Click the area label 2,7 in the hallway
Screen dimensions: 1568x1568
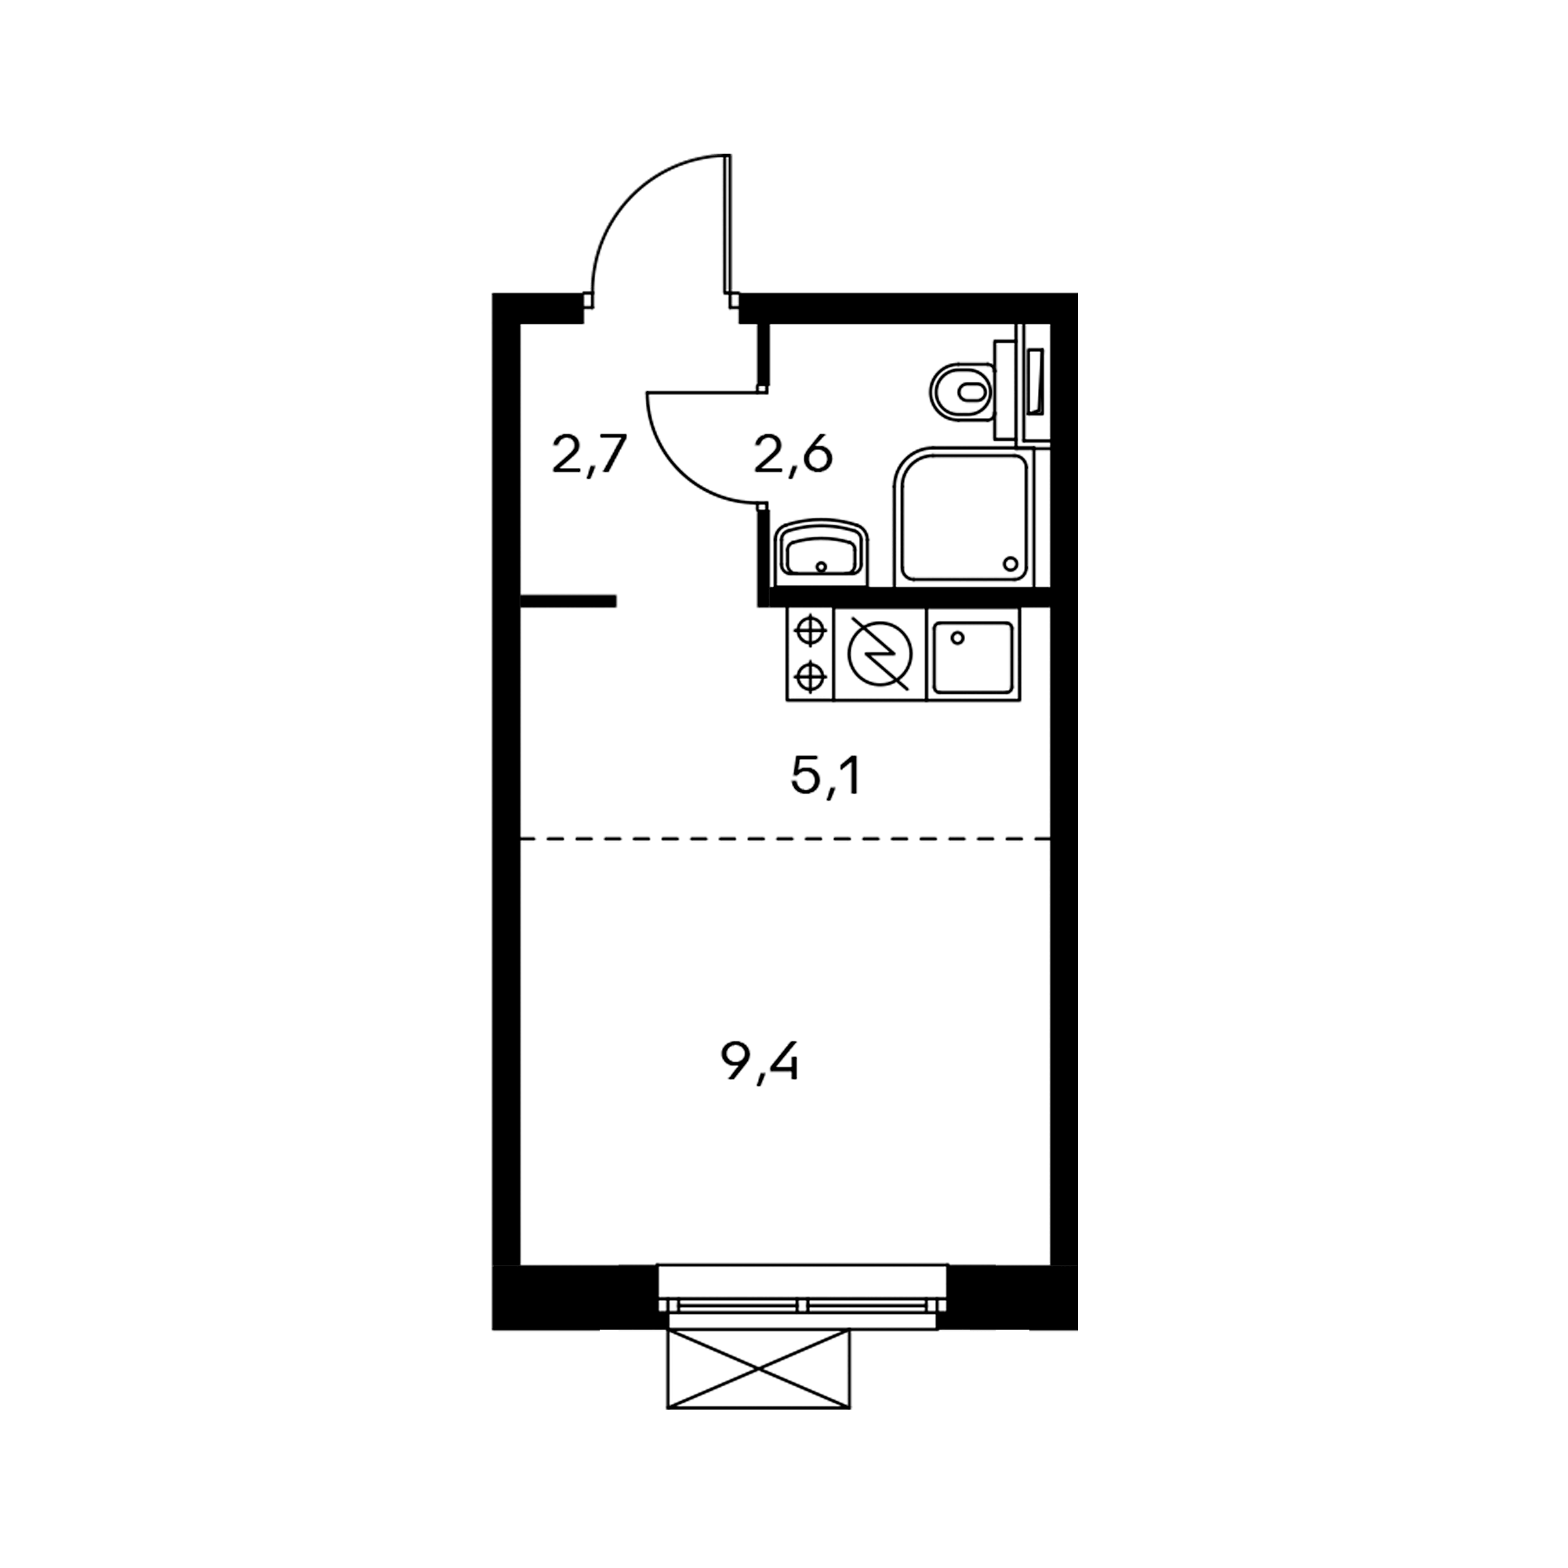590,456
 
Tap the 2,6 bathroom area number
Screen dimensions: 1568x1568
793,456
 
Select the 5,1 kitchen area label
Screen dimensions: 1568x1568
826,779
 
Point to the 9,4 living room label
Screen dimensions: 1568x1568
760,1063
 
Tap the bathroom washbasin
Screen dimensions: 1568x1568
822,553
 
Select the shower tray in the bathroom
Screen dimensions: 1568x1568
964,516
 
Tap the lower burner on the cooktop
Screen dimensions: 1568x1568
810,675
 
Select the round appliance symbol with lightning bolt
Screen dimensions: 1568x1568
880,654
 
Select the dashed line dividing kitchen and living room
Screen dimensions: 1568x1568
785,838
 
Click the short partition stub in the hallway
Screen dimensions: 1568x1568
568,601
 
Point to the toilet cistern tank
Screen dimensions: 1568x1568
1007,391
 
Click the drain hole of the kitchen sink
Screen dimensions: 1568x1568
958,638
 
